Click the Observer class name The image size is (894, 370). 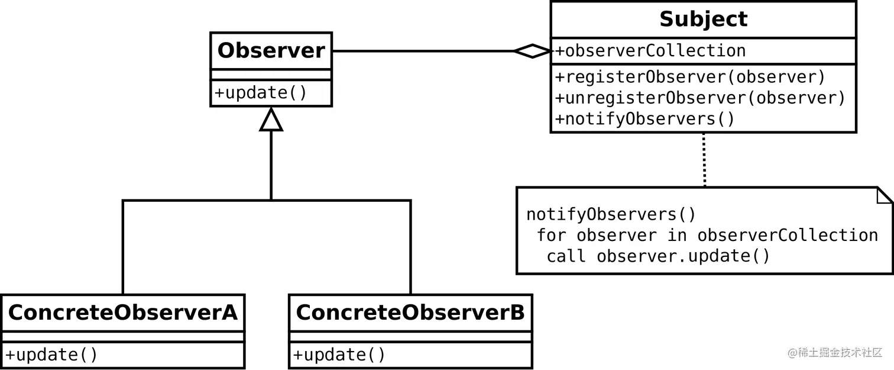coord(271,51)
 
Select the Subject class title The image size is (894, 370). coord(703,20)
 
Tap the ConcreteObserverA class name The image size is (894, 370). coord(122,313)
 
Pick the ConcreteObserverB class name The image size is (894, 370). coord(410,313)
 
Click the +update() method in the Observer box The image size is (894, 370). coord(261,94)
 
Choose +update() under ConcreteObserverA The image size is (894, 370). coord(51,355)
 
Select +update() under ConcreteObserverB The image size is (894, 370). coord(339,355)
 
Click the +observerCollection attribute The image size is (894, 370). coord(650,51)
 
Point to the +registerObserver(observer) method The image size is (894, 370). coord(690,77)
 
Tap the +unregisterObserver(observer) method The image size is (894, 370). coord(700,98)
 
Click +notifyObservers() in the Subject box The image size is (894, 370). coord(644,119)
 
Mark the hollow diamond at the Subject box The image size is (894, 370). coord(533,51)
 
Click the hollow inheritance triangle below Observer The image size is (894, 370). coord(271,120)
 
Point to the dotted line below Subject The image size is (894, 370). coord(704,160)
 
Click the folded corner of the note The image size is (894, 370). coord(885,195)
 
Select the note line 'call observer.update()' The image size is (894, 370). coord(658,256)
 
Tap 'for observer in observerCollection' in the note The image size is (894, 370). coord(707,235)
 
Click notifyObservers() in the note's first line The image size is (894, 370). coord(611,214)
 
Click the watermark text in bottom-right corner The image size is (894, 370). coord(834,353)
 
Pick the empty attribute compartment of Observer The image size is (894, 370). coord(271,75)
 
